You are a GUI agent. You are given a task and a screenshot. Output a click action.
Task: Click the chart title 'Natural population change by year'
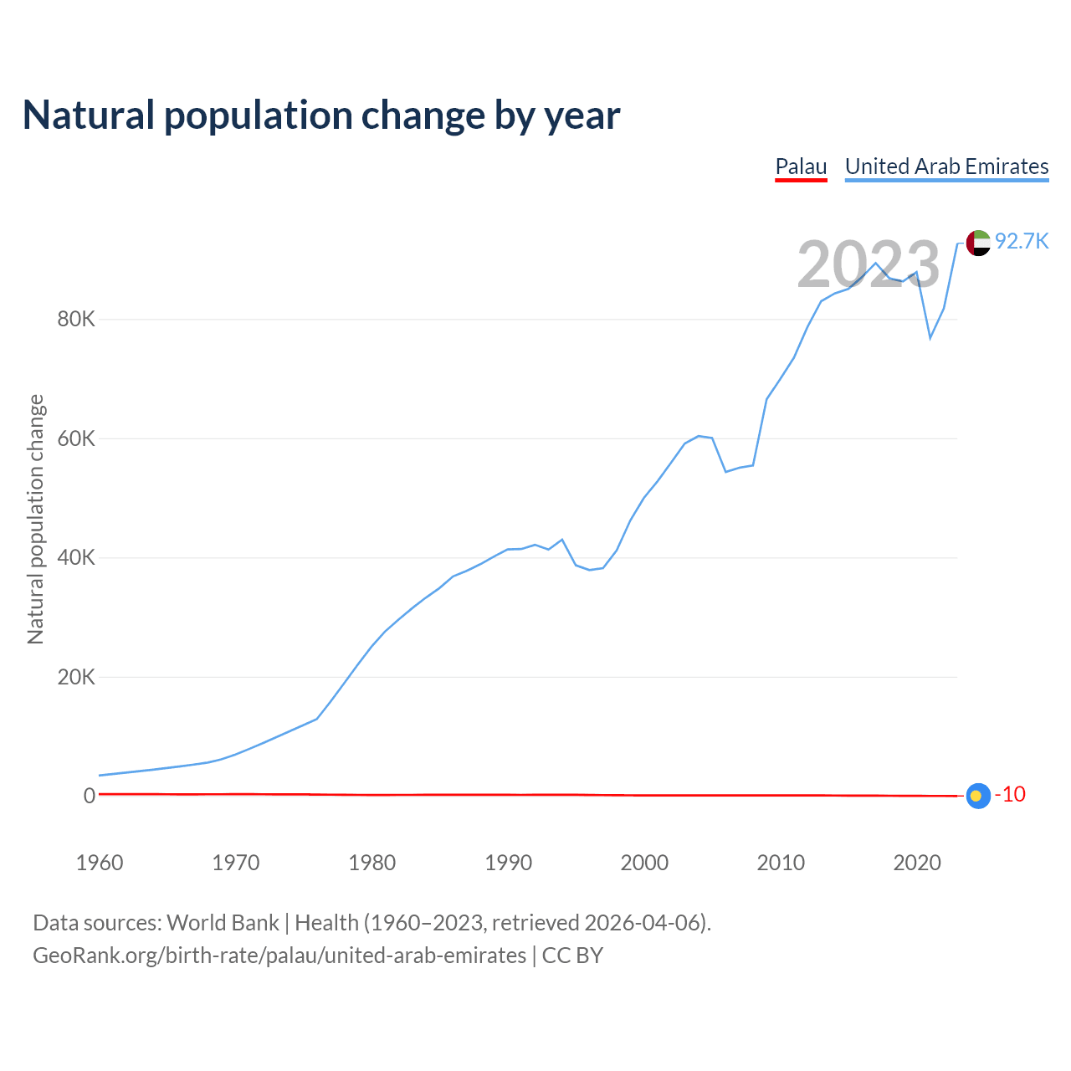321,115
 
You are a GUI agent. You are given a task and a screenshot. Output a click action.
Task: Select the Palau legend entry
801,167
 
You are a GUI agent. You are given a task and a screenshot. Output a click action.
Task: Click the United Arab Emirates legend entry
946,167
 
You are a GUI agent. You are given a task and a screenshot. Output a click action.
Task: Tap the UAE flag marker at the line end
978,243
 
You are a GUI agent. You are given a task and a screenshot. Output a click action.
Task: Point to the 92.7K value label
1022,242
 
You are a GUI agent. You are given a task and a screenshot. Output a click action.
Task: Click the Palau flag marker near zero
977,796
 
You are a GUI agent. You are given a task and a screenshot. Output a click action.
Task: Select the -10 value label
1010,795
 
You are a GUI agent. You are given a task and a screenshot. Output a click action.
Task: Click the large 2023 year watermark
868,264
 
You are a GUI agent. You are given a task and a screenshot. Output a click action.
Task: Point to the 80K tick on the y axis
76,320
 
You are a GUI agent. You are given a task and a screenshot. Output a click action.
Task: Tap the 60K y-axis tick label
76,438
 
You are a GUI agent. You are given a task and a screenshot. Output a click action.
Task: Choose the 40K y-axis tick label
76,558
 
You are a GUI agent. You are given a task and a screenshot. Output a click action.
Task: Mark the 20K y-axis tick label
76,677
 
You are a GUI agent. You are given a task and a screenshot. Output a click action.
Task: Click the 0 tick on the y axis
90,797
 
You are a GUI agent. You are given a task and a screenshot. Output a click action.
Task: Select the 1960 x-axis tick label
100,863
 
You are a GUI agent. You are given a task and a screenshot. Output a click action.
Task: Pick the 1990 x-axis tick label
509,863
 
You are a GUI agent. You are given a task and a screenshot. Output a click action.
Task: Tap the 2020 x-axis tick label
918,863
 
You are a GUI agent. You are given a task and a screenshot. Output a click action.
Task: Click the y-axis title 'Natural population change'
36,520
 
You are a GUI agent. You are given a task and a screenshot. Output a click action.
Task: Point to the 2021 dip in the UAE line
930,337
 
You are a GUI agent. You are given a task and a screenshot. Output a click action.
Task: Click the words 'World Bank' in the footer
223,923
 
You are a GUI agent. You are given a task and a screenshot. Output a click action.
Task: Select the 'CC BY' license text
572,956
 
